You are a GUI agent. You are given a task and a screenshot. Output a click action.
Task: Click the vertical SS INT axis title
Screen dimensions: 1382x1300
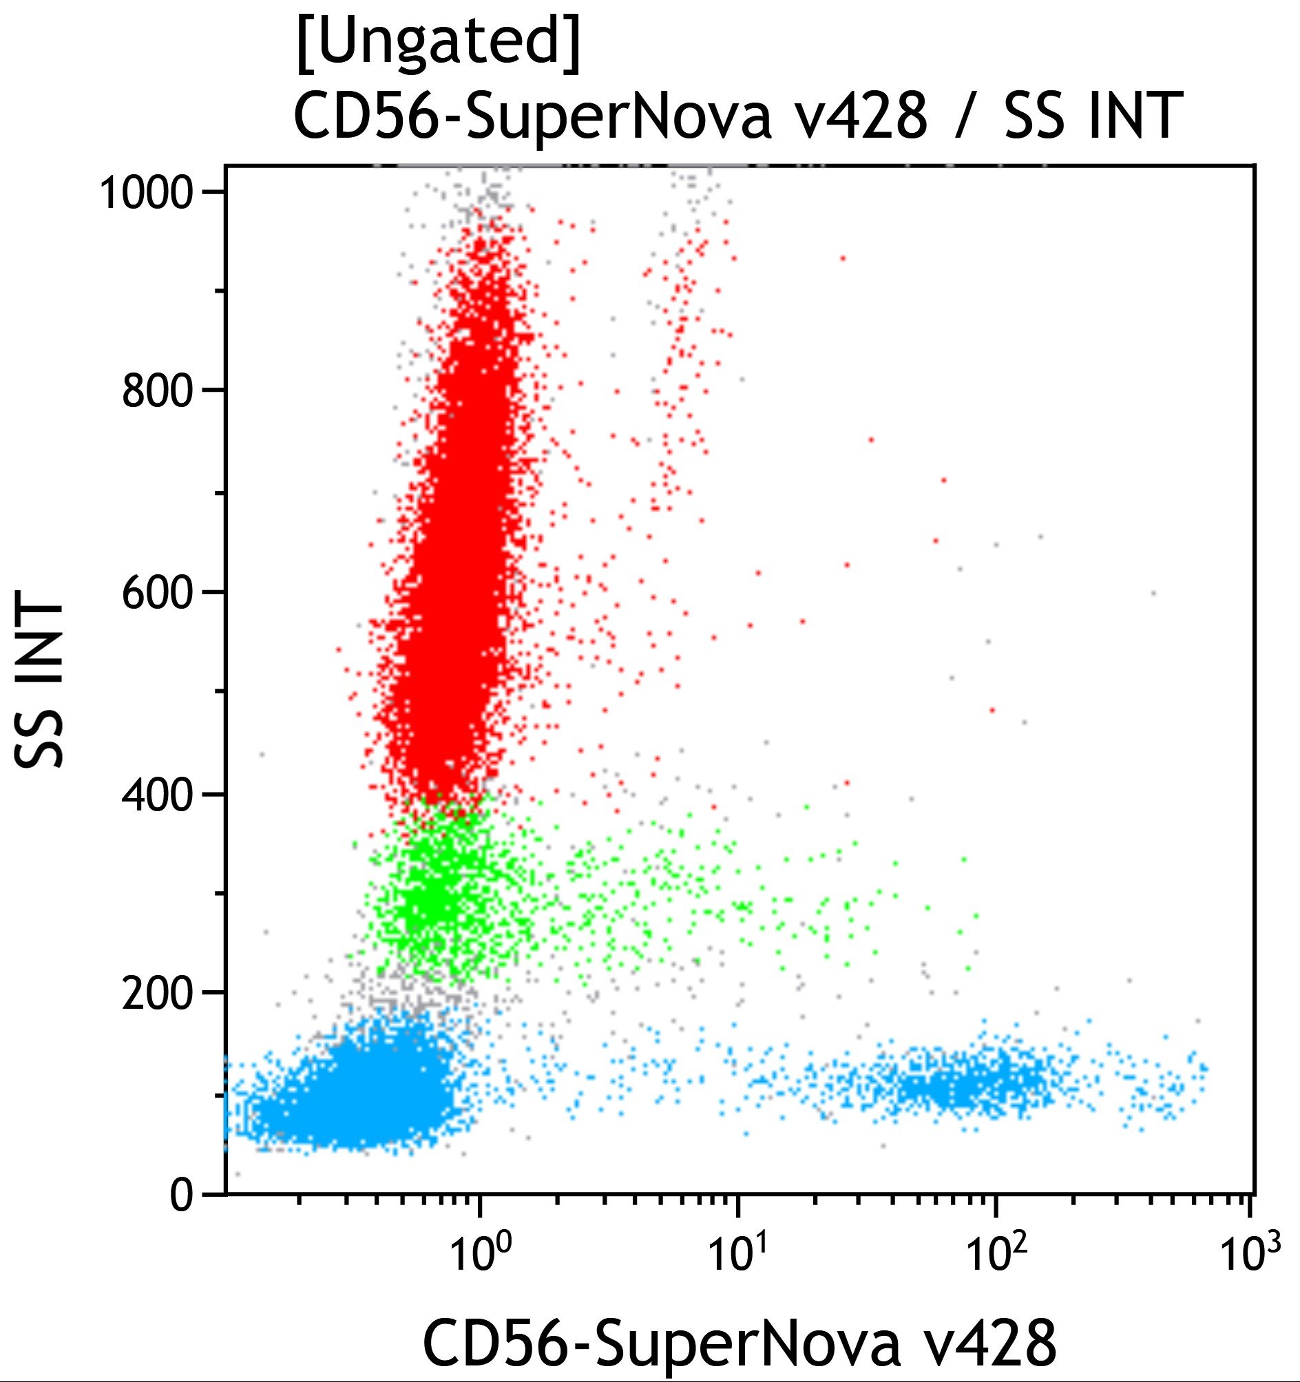(x=40, y=684)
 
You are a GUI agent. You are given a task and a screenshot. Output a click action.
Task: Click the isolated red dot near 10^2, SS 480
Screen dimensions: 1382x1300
(x=992, y=710)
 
